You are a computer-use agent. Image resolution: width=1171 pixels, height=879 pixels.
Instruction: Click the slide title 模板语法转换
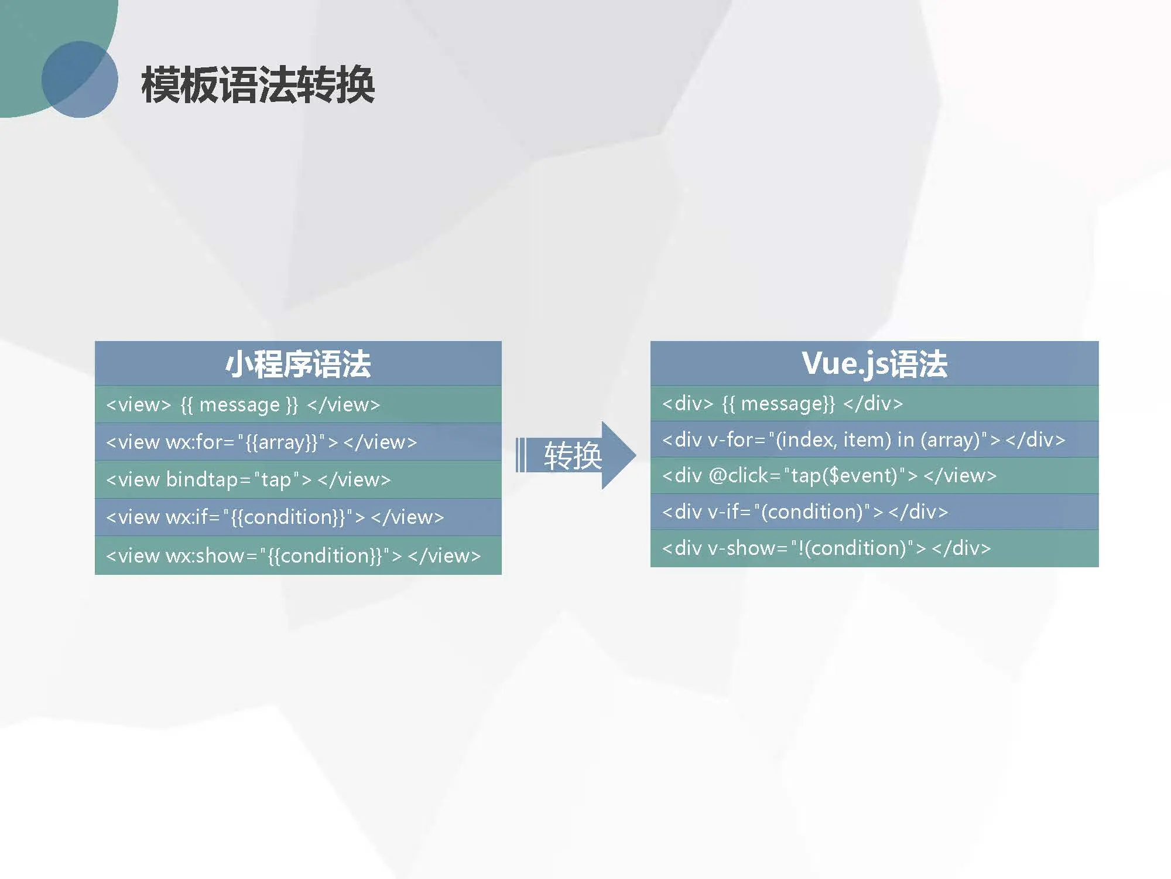pyautogui.click(x=258, y=85)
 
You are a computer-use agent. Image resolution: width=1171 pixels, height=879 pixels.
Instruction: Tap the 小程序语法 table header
pyautogui.click(x=298, y=363)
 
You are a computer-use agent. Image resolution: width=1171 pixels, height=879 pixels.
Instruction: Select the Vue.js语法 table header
pyautogui.click(x=874, y=363)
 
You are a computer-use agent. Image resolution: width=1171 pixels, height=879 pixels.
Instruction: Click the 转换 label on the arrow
pyautogui.click(x=573, y=455)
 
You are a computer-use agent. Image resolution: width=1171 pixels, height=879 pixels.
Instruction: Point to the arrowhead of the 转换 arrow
pyautogui.click(x=635, y=455)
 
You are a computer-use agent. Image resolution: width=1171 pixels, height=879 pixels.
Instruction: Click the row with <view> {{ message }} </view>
pyautogui.click(x=298, y=404)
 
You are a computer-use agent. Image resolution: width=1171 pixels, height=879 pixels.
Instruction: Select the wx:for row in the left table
pyautogui.click(x=298, y=442)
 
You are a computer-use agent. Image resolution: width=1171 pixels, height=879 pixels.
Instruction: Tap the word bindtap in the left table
pyautogui.click(x=201, y=479)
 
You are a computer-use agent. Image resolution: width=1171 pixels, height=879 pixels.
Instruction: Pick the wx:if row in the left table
pyautogui.click(x=298, y=517)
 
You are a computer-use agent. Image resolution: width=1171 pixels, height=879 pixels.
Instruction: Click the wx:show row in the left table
pyautogui.click(x=298, y=555)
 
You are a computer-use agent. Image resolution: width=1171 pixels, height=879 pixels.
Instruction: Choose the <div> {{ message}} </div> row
pyautogui.click(x=874, y=403)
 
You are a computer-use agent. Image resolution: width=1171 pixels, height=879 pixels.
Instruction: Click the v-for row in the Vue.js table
pyautogui.click(x=874, y=439)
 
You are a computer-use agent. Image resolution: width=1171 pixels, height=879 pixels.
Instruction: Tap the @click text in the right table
pyautogui.click(x=738, y=476)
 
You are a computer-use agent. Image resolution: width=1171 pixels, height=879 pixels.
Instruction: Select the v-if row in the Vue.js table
pyautogui.click(x=874, y=512)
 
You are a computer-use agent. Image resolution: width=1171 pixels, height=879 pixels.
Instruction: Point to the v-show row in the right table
pyautogui.click(x=874, y=548)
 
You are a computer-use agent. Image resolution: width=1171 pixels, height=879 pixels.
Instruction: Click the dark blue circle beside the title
pyautogui.click(x=80, y=79)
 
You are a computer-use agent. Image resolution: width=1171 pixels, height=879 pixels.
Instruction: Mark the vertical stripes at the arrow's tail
pyautogui.click(x=521, y=455)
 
